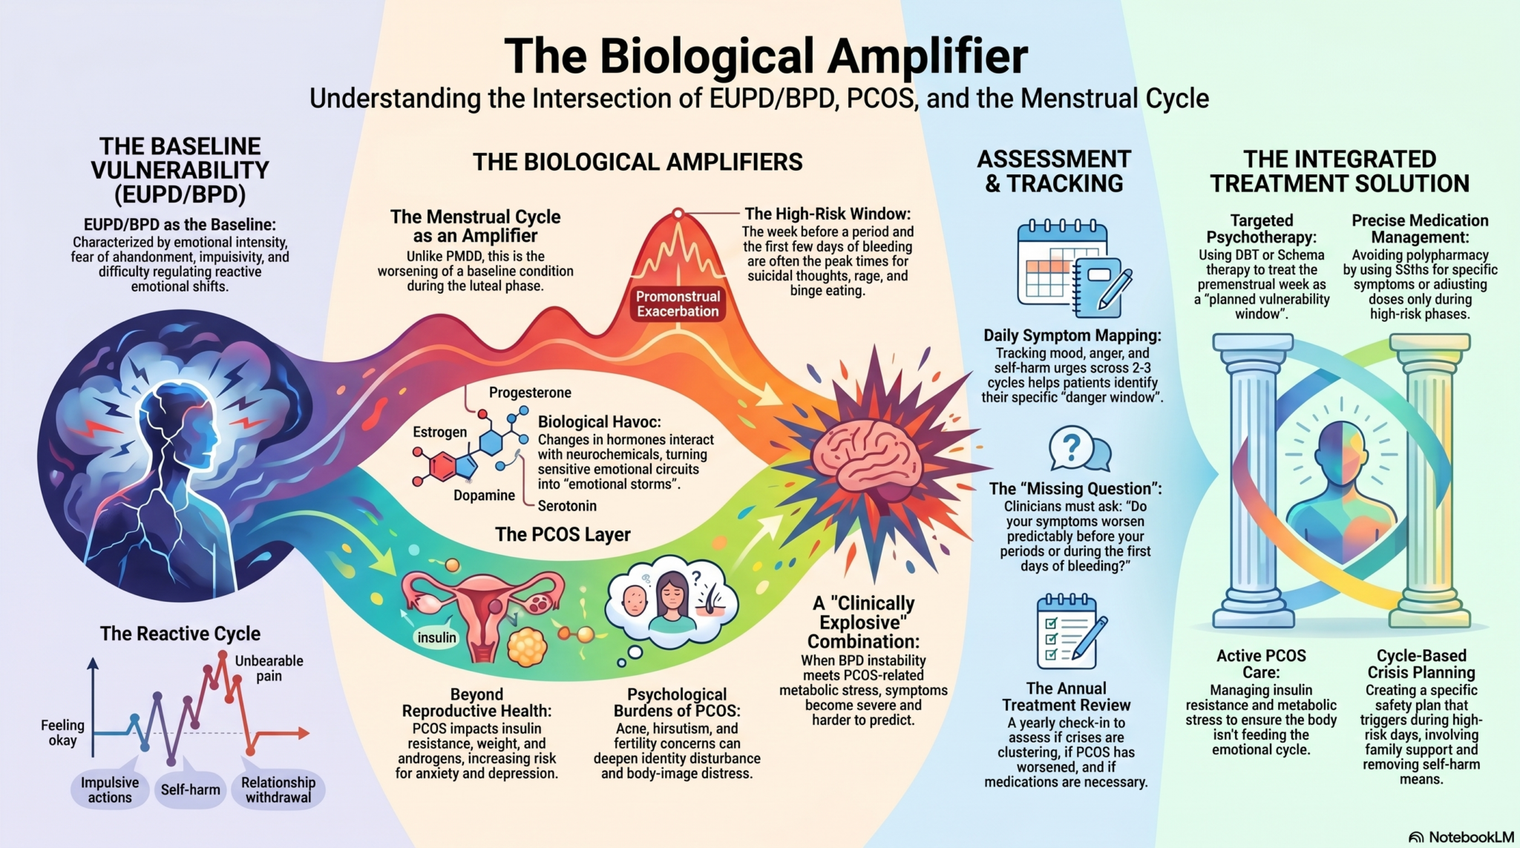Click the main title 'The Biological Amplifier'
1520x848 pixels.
(x=766, y=56)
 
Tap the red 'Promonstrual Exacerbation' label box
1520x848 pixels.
(x=678, y=304)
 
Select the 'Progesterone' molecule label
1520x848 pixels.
(x=530, y=392)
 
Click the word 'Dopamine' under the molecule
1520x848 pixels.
(x=484, y=495)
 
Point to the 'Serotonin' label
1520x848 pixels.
(x=567, y=506)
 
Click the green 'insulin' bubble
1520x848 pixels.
(x=436, y=637)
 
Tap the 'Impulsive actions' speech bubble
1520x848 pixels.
(x=110, y=789)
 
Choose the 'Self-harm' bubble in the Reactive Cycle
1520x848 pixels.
(x=190, y=789)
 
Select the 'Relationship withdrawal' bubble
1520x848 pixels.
(x=278, y=789)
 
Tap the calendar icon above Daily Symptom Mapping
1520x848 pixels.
(x=1072, y=269)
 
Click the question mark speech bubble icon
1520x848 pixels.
(x=1079, y=450)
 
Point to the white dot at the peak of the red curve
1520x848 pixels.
(x=678, y=214)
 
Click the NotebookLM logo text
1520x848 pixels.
(x=1461, y=837)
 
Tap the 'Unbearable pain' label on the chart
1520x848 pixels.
(x=269, y=668)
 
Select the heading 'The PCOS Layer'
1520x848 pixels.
(x=563, y=534)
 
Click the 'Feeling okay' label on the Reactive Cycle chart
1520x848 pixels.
(x=62, y=732)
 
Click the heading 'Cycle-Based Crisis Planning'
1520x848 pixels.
(x=1421, y=664)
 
